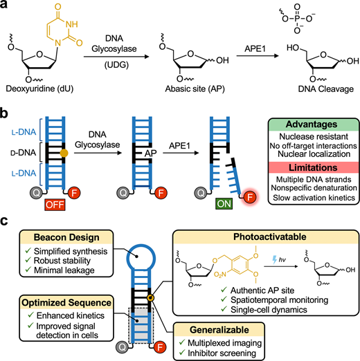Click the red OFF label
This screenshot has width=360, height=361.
click(x=55, y=205)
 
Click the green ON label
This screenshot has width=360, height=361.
click(x=224, y=204)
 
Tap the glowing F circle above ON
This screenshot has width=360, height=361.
click(x=250, y=197)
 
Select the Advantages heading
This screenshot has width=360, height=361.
click(x=312, y=124)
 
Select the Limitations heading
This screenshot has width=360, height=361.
click(x=313, y=167)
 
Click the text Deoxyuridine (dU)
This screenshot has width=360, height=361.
click(x=39, y=89)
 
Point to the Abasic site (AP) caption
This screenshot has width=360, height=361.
click(x=195, y=89)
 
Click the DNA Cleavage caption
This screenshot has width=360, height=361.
click(x=325, y=89)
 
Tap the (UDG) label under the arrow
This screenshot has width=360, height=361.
click(x=116, y=65)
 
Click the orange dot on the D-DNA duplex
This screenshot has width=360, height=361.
click(x=64, y=153)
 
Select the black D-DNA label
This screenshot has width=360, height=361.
click(x=24, y=153)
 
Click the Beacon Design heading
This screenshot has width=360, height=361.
click(x=66, y=237)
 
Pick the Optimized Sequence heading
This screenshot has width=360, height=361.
click(x=66, y=303)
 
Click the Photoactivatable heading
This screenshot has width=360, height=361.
click(x=270, y=237)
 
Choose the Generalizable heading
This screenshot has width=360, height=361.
click(x=219, y=330)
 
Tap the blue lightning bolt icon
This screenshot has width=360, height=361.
click(x=274, y=260)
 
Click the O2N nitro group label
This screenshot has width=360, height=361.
click(x=220, y=275)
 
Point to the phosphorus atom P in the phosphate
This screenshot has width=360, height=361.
click(x=297, y=19)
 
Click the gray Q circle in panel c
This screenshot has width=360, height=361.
click(x=123, y=346)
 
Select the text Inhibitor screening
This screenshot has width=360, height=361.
click(x=222, y=353)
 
